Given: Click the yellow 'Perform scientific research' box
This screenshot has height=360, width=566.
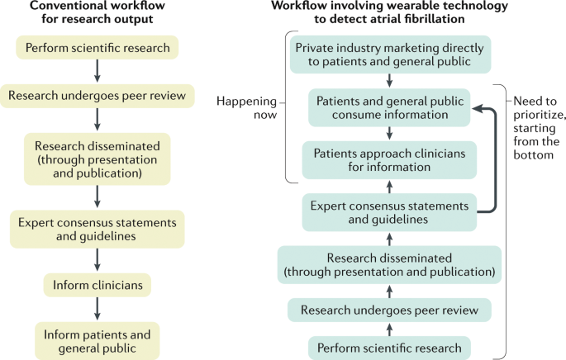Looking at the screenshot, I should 98,48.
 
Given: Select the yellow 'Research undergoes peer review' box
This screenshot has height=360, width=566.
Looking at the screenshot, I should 98,95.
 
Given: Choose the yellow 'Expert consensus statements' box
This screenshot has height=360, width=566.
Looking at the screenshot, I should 98,229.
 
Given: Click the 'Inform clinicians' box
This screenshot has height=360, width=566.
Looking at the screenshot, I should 98,285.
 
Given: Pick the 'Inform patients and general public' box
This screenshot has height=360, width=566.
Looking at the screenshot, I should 98,341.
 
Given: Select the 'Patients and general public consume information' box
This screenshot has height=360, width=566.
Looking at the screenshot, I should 391,107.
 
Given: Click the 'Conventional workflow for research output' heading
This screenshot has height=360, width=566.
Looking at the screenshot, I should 98,14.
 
